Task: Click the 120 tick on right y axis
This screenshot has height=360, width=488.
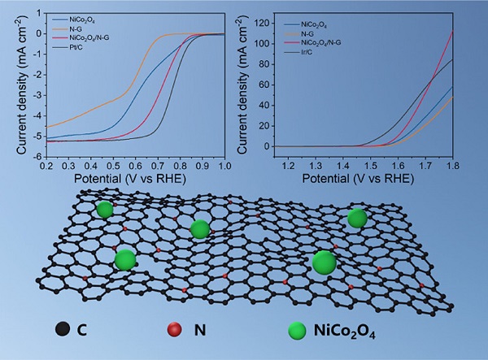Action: [259, 16]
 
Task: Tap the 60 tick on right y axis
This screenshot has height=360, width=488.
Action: [262, 81]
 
